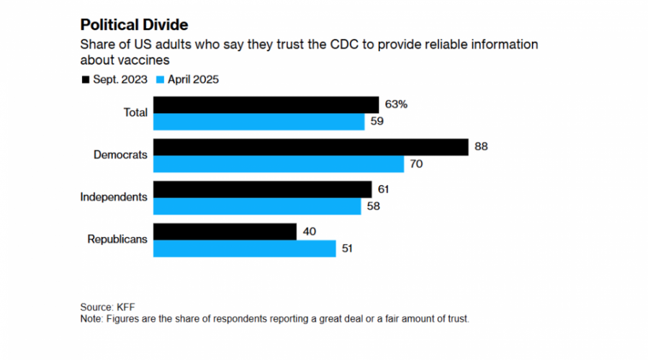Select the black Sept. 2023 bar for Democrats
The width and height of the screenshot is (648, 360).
click(310, 147)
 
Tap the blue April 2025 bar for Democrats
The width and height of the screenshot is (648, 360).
click(279, 163)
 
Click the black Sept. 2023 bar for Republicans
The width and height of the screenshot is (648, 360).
click(225, 231)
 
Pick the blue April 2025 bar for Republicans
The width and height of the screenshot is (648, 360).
click(245, 248)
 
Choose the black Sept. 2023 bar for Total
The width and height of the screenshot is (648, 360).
click(266, 104)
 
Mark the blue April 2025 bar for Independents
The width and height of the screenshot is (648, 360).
click(257, 206)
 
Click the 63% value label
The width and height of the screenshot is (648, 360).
click(396, 104)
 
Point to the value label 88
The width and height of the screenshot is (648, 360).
click(482, 147)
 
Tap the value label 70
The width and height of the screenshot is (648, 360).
click(416, 163)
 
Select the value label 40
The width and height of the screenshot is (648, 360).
click(310, 231)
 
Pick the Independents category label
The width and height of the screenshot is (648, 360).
click(114, 197)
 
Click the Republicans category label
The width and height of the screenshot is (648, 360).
click(117, 239)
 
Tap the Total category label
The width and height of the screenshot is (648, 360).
click(135, 112)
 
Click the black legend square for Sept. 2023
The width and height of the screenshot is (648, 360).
click(86, 79)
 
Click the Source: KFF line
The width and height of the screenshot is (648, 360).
click(107, 307)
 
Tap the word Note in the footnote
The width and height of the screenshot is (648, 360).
click(91, 318)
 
